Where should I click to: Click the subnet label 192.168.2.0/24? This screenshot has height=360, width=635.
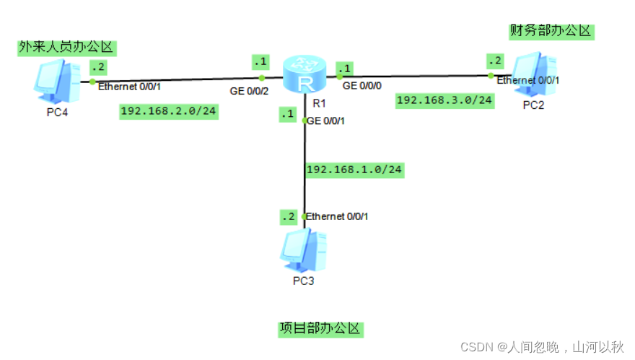point(169,111)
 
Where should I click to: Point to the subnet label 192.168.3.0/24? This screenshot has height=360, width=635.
point(445,100)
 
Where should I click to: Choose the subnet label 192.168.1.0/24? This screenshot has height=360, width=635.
point(354,170)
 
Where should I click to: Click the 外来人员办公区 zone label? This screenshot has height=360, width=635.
point(66,48)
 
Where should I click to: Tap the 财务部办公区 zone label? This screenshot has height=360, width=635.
point(550,31)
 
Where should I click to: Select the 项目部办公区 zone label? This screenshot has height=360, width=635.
point(320,329)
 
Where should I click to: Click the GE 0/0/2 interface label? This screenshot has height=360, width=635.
point(250,91)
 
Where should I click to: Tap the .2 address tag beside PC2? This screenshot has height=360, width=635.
point(495,59)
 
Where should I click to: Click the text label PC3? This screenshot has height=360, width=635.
point(303,281)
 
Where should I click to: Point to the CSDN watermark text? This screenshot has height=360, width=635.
point(542,347)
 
